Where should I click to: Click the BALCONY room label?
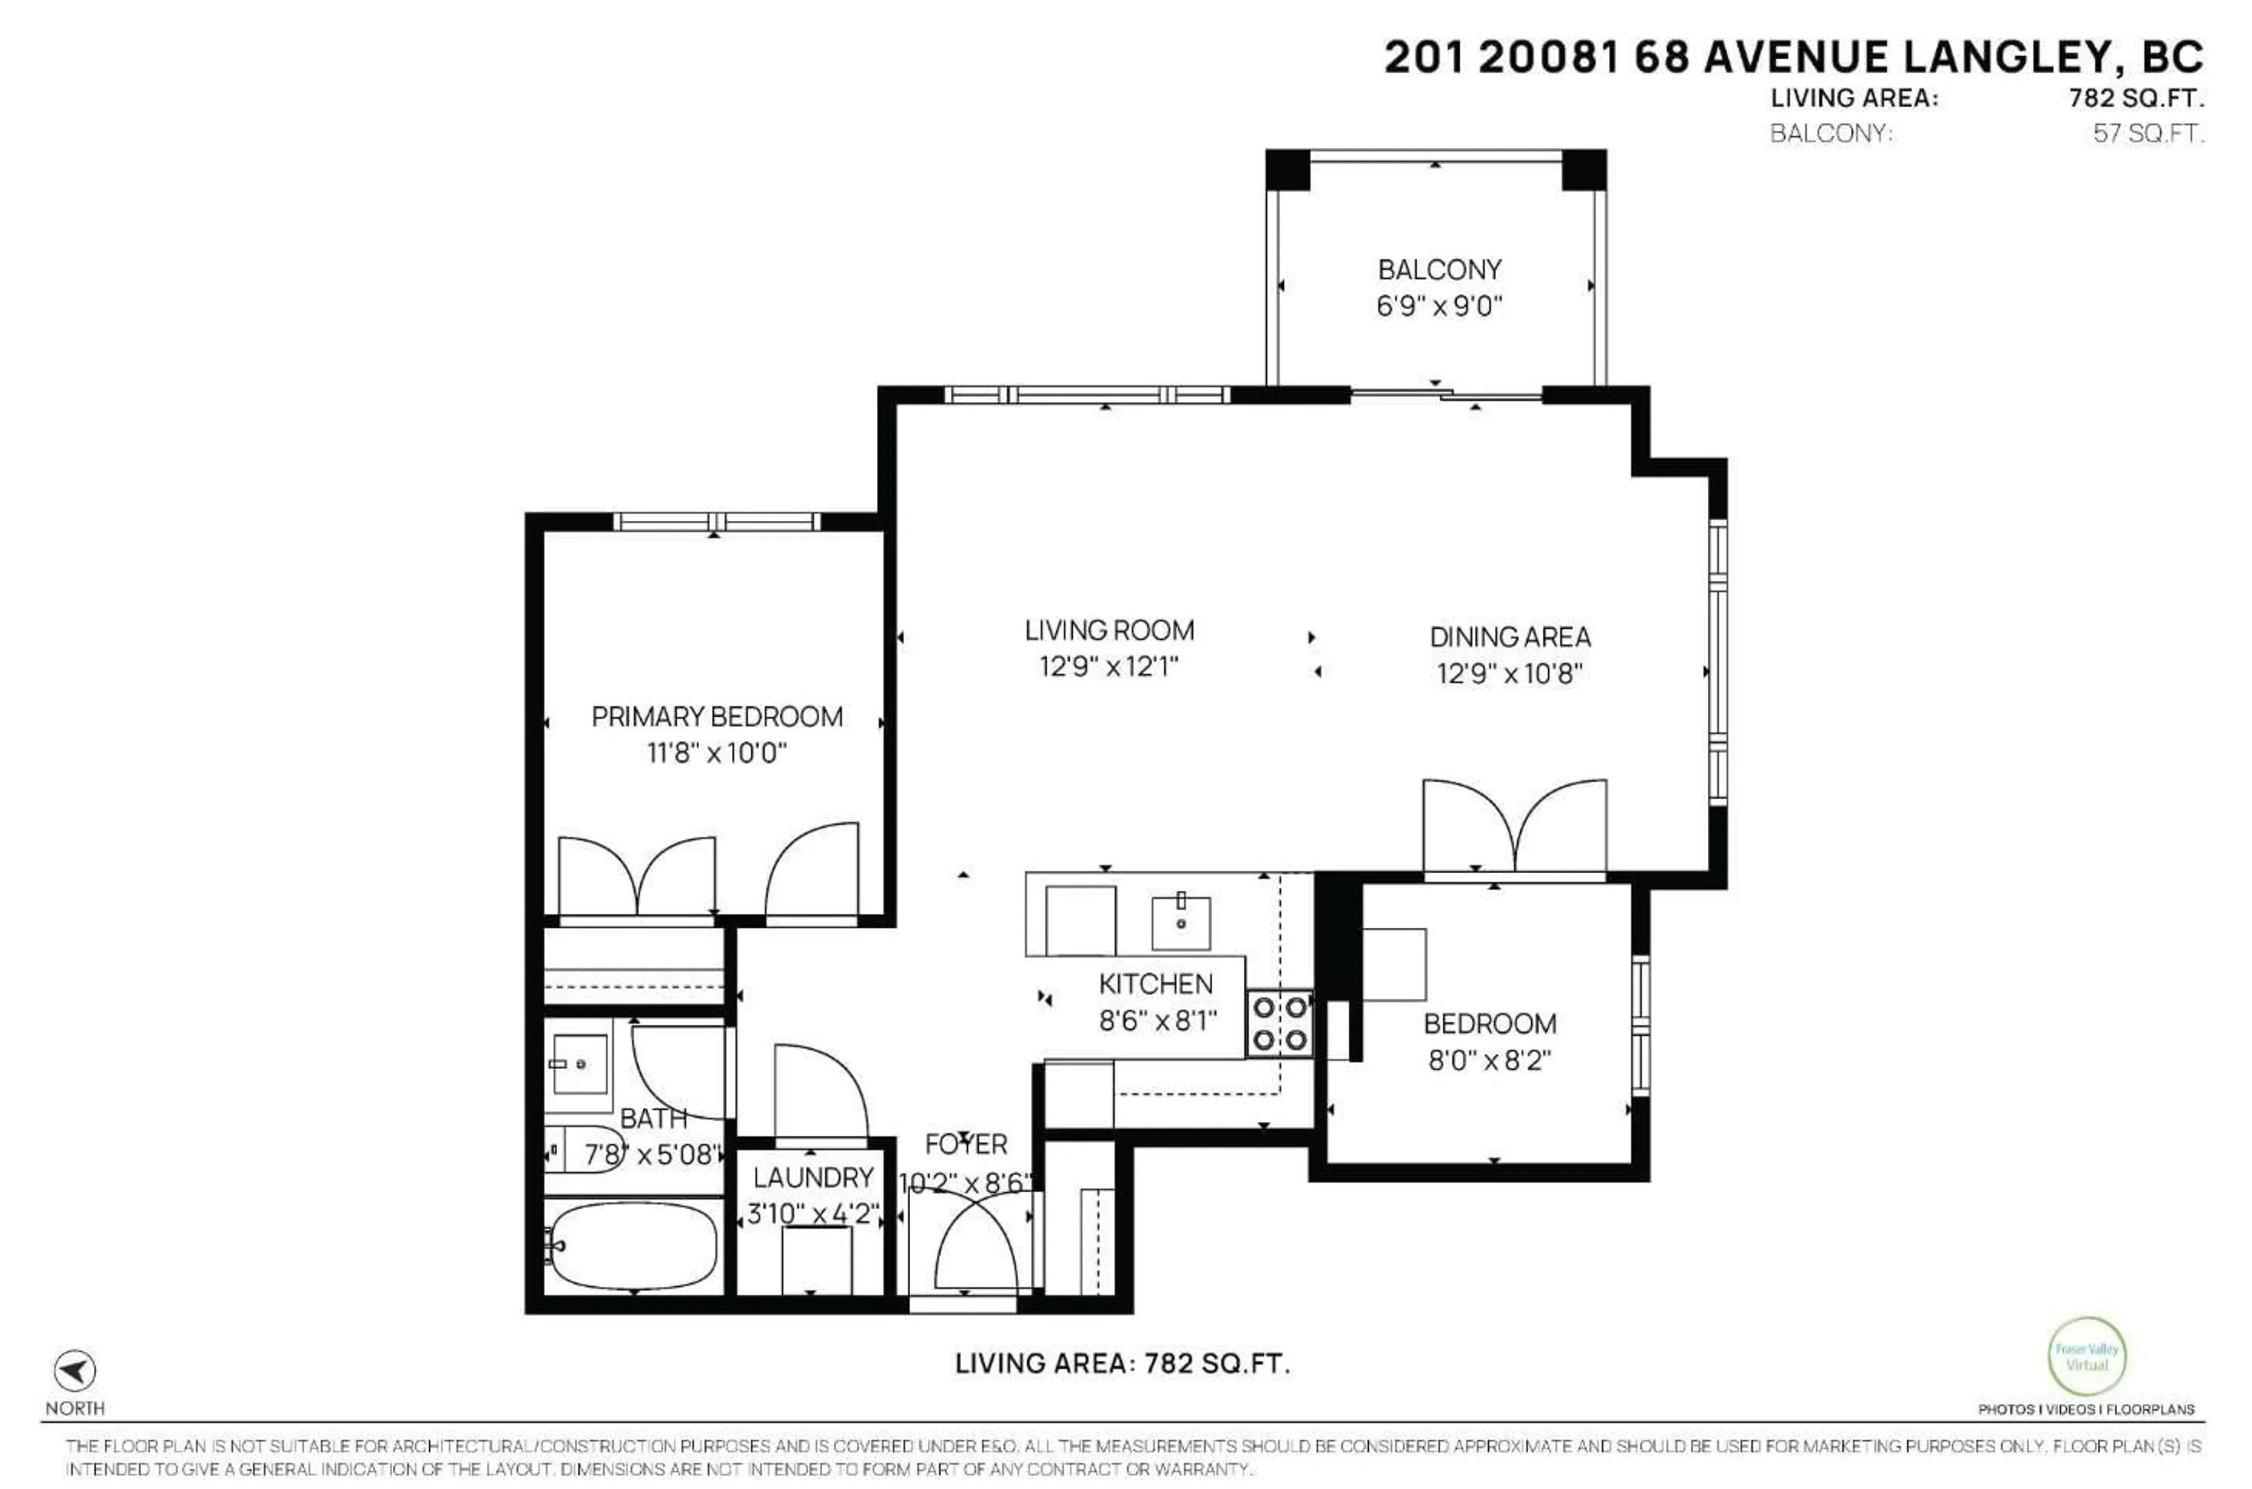pyautogui.click(x=1439, y=270)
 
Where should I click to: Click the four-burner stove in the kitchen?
pyautogui.click(x=1279, y=1024)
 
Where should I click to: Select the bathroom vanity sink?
pyautogui.click(x=579, y=1064)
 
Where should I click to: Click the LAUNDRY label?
pyautogui.click(x=813, y=1178)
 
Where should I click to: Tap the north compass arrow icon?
pyautogui.click(x=74, y=1371)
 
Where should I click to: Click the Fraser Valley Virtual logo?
pyautogui.click(x=2086, y=1356)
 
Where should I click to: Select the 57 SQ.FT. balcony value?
pyautogui.click(x=2148, y=133)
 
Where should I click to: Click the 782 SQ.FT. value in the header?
pyautogui.click(x=2136, y=98)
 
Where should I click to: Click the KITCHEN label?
pyautogui.click(x=1155, y=984)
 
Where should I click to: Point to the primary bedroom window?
pyautogui.click(x=716, y=521)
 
